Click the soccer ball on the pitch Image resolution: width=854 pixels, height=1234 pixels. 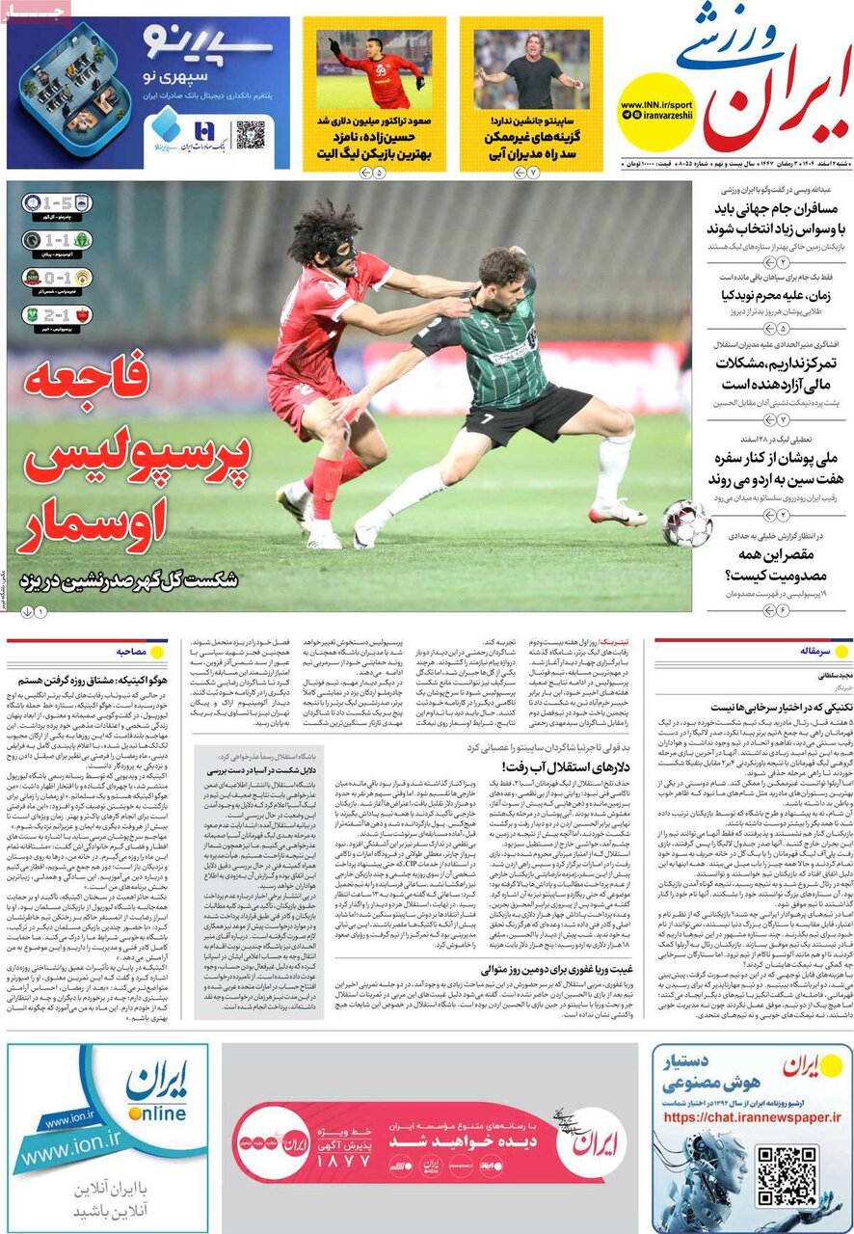click(686, 523)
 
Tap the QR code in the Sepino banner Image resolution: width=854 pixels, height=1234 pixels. click(250, 135)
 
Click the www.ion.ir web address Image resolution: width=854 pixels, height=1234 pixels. click(83, 1153)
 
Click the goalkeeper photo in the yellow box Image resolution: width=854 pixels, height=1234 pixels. click(374, 69)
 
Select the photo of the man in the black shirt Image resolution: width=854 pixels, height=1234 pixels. click(531, 69)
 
